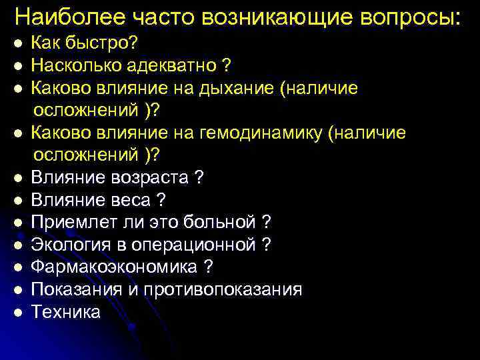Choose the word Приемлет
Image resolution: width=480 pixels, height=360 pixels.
pyautogui.click(x=71, y=221)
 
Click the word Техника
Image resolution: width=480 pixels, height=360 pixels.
pyautogui.click(x=66, y=311)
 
